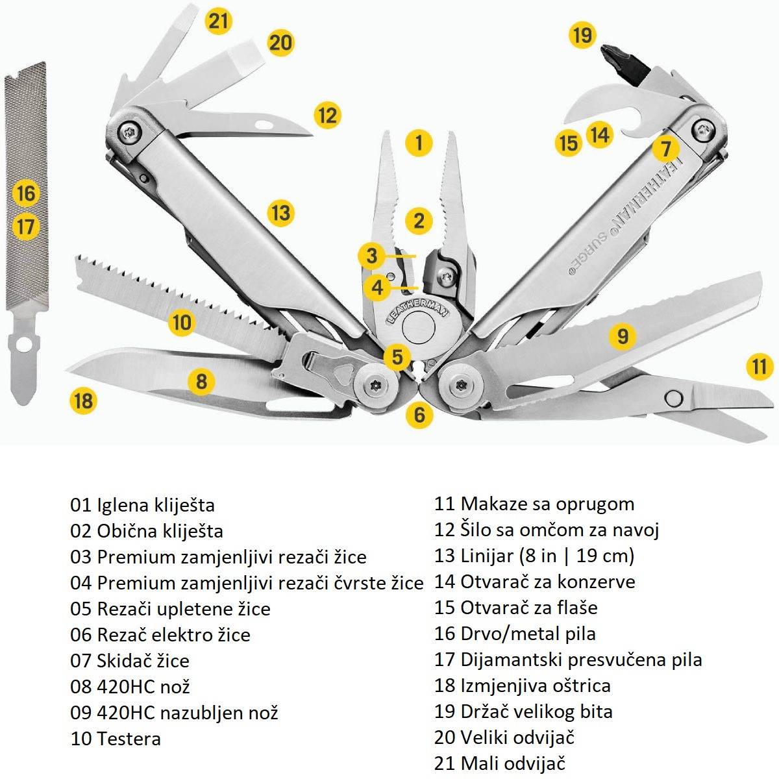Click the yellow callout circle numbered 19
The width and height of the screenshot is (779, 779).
(x=582, y=34)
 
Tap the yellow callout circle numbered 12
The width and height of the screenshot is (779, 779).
(x=327, y=116)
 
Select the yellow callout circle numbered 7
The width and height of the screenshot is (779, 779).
(x=665, y=149)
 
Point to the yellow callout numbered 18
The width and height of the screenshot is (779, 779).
(x=83, y=401)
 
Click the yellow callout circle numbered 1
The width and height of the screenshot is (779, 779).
(x=419, y=143)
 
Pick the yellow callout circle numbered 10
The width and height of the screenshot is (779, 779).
(x=182, y=323)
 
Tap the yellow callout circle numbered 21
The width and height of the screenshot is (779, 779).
(x=219, y=21)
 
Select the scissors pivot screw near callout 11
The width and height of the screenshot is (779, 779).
(x=674, y=397)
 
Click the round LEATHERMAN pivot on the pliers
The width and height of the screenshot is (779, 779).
(x=419, y=328)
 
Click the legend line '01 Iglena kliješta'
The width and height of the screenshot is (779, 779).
(x=142, y=505)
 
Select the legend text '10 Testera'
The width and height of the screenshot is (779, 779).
(x=116, y=739)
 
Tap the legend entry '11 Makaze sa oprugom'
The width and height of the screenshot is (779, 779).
(x=534, y=504)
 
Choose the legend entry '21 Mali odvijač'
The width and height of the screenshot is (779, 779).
(x=499, y=763)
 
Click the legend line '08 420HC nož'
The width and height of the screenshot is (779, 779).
(x=130, y=687)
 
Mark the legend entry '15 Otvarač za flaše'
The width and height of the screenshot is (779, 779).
(x=515, y=608)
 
